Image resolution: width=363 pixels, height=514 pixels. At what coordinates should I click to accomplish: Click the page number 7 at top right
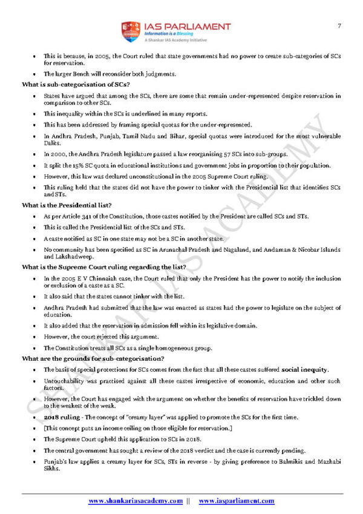(x=339, y=25)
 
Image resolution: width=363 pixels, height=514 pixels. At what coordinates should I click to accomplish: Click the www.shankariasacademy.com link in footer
(x=136, y=501)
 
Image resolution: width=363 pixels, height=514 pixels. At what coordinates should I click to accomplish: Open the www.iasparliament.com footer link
(x=236, y=501)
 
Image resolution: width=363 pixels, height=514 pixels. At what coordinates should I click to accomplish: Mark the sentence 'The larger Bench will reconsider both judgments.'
(x=110, y=74)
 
